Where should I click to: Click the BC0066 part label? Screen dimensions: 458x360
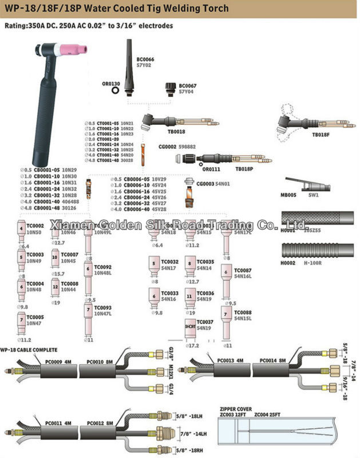tap(145, 60)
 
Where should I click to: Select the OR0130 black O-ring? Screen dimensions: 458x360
tap(116, 90)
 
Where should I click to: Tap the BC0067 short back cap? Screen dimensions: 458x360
tap(170, 88)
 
